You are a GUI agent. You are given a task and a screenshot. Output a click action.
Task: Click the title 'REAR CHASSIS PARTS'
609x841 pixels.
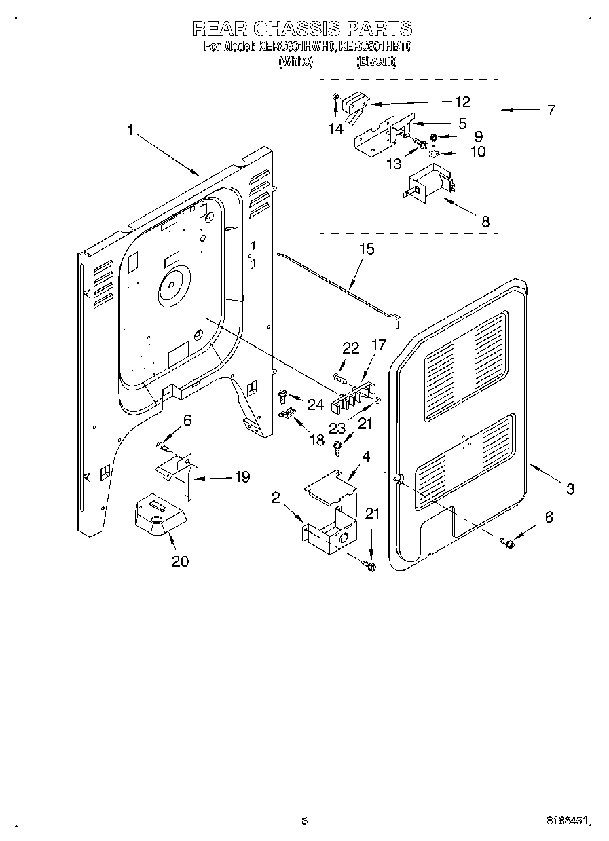pyautogui.click(x=302, y=29)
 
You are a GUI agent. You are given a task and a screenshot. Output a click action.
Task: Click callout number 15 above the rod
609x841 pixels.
pyautogui.click(x=366, y=249)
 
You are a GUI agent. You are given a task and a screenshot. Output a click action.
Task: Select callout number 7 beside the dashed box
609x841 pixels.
pyautogui.click(x=551, y=110)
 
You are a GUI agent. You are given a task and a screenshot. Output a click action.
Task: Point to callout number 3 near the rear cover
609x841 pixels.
pyautogui.click(x=570, y=488)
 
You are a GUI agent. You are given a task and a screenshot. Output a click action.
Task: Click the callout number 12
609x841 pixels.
pyautogui.click(x=462, y=102)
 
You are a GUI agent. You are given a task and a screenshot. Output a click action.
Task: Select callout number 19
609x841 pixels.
pyautogui.click(x=242, y=477)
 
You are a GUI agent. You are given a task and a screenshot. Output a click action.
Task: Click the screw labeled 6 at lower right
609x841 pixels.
pyautogui.click(x=507, y=542)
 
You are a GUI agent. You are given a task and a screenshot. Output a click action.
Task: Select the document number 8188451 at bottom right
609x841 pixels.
pyautogui.click(x=567, y=821)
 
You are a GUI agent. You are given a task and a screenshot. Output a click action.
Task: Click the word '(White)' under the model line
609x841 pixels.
pyautogui.click(x=295, y=61)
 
